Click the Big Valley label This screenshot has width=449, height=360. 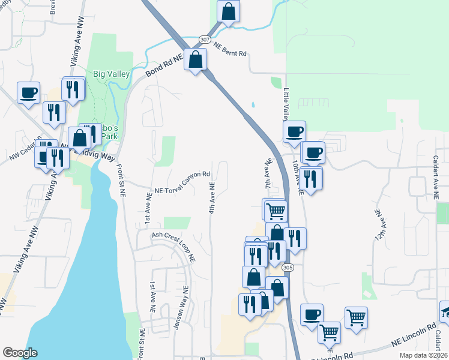pos(112,74)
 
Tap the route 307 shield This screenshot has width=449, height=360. pos(205,39)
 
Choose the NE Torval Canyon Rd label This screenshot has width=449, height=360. pos(182,182)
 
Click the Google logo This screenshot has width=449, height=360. pos(20,352)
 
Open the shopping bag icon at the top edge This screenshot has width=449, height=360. pos(229,11)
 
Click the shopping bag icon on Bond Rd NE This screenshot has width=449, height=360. pos(195,59)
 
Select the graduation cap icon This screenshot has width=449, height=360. pos(445,311)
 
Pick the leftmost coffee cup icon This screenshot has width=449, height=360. pos(28,93)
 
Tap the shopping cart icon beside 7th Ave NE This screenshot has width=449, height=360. pos(276,211)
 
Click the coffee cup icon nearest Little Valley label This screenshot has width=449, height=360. pos(294,131)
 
